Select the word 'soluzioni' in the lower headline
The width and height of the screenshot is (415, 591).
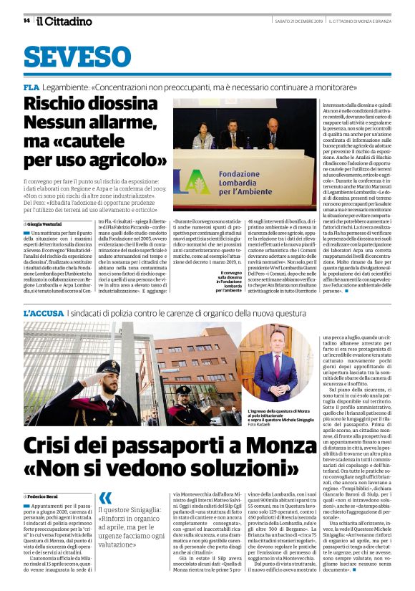235,474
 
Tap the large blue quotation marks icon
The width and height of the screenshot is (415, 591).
105,496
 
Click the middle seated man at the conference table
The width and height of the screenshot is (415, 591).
234,135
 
